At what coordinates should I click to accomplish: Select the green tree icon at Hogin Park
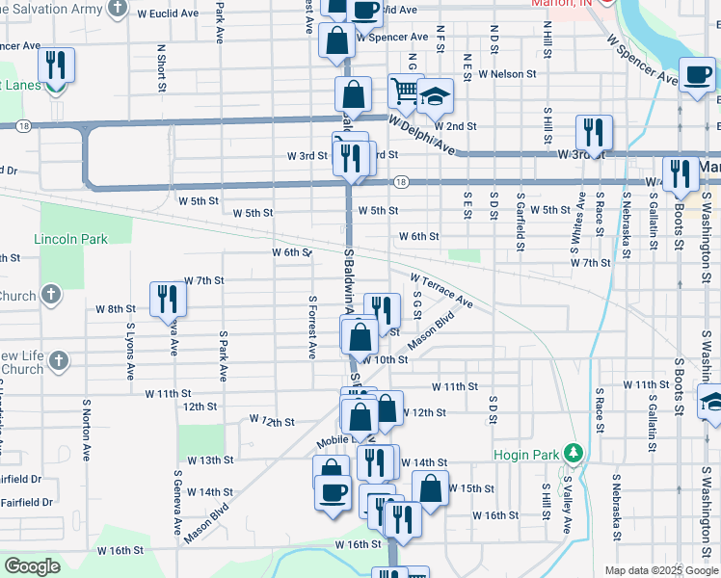574,452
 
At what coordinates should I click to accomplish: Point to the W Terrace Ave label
441,291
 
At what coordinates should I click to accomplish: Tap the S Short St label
161,67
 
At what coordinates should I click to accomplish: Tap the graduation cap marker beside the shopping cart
435,94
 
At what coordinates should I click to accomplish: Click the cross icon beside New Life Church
60,361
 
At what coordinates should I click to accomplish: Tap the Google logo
32,566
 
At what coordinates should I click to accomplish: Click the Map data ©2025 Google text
660,570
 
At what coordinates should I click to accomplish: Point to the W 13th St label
211,460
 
